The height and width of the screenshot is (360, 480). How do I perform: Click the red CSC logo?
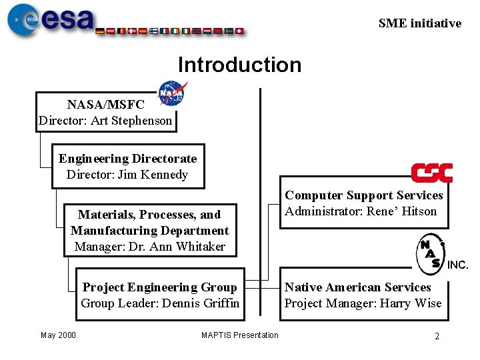click(x=431, y=173)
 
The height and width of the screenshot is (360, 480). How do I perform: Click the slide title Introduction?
click(x=239, y=65)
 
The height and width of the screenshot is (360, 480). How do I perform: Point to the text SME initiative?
click(x=419, y=23)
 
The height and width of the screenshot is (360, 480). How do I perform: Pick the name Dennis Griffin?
click(x=205, y=303)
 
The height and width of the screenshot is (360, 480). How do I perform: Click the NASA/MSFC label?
click(x=105, y=105)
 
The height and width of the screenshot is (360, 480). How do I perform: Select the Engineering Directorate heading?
click(x=127, y=159)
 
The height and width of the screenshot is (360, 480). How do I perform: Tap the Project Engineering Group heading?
click(x=159, y=287)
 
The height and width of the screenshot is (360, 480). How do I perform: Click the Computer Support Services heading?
click(x=364, y=195)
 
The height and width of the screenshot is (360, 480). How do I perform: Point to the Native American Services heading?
click(x=357, y=287)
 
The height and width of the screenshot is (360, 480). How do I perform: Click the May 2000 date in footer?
click(x=58, y=335)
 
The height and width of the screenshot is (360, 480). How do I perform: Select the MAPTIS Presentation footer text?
click(x=240, y=335)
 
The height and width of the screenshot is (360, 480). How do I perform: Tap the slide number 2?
click(x=437, y=336)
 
